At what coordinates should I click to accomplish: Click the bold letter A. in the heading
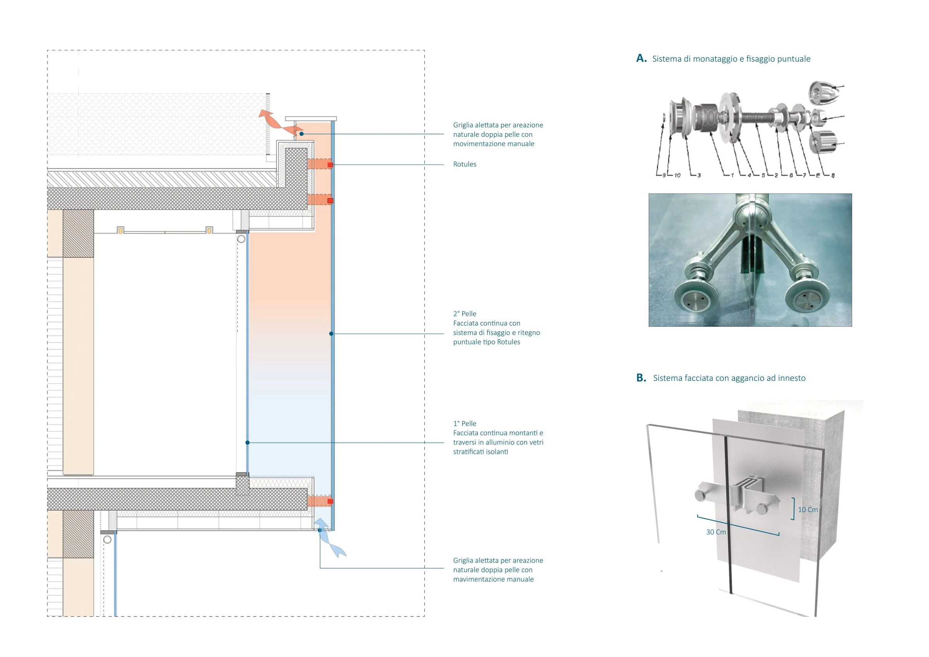pyautogui.click(x=641, y=58)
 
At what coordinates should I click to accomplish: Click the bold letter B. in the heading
pyautogui.click(x=641, y=378)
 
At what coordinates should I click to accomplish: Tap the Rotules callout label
pyautogui.click(x=464, y=165)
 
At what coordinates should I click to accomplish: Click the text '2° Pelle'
pyautogui.click(x=464, y=314)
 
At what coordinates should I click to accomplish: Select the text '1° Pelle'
pyautogui.click(x=464, y=424)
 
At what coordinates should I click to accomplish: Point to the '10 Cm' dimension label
pyautogui.click(x=807, y=509)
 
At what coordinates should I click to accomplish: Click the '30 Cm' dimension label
pyautogui.click(x=716, y=532)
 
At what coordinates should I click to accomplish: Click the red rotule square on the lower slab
pyautogui.click(x=330, y=501)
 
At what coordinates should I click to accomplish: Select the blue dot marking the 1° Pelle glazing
pyautogui.click(x=248, y=443)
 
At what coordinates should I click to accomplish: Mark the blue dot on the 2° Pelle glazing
pyautogui.click(x=331, y=334)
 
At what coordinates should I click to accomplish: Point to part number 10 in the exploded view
pyautogui.click(x=677, y=175)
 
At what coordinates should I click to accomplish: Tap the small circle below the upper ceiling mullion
pyautogui.click(x=242, y=239)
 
